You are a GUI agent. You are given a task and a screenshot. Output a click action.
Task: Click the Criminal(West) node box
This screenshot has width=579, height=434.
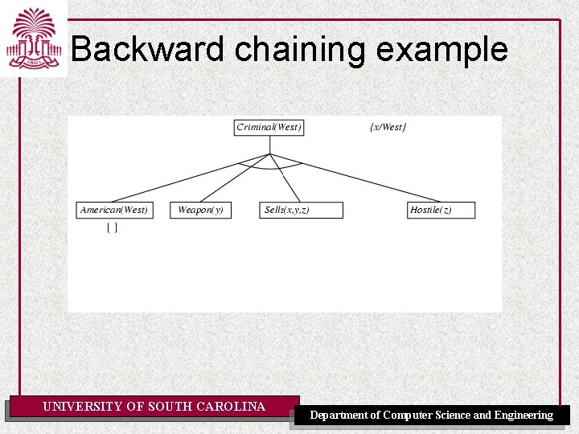[269, 127]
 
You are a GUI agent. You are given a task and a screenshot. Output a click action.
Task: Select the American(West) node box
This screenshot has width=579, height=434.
[113, 210]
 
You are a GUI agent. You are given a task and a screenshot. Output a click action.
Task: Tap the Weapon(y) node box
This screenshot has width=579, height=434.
[200, 210]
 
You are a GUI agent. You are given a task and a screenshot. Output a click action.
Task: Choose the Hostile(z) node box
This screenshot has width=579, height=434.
[441, 210]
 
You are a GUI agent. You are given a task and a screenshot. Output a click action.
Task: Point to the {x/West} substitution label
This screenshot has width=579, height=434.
[388, 127]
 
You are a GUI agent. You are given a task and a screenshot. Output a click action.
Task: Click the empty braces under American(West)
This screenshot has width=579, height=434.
[113, 228]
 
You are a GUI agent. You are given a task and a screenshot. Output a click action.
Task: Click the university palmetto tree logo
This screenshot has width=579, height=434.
[33, 39]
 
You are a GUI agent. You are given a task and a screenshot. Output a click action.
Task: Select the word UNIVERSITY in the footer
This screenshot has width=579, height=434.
[83, 407]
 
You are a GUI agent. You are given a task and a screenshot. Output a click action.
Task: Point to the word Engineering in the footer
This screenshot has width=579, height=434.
[524, 416]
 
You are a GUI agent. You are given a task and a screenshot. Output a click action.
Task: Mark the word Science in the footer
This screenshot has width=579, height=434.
[454, 416]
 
